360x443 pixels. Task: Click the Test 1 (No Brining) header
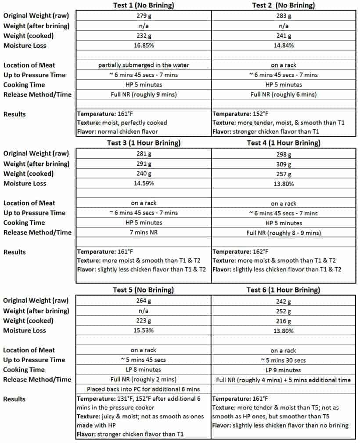pyautogui.click(x=144, y=5)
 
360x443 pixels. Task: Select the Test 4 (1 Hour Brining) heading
pyautogui.click(x=283, y=143)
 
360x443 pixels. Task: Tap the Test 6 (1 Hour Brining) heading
pyautogui.click(x=283, y=290)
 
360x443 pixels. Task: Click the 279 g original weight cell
pyautogui.click(x=144, y=16)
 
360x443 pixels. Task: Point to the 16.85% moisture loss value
pyautogui.click(x=144, y=45)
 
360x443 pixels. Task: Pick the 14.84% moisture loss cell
pyautogui.click(x=283, y=45)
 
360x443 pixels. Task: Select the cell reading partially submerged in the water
pyautogui.click(x=144, y=65)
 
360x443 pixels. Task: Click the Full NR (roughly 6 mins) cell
pyautogui.click(x=283, y=94)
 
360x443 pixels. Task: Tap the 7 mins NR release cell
pyautogui.click(x=144, y=232)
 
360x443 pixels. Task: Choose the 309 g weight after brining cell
pyautogui.click(x=283, y=164)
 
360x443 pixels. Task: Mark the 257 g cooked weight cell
pyautogui.click(x=283, y=174)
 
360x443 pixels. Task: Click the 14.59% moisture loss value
pyautogui.click(x=144, y=183)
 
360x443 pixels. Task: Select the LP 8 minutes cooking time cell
pyautogui.click(x=144, y=370)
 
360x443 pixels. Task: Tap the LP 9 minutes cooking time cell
pyautogui.click(x=283, y=370)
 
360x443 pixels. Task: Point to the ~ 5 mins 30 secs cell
pyautogui.click(x=283, y=360)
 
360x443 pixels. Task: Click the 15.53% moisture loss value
pyautogui.click(x=144, y=330)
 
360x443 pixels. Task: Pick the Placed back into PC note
pyautogui.click(x=144, y=389)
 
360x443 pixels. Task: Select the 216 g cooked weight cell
pyautogui.click(x=283, y=321)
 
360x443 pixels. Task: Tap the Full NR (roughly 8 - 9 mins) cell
pyautogui.click(x=283, y=232)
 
